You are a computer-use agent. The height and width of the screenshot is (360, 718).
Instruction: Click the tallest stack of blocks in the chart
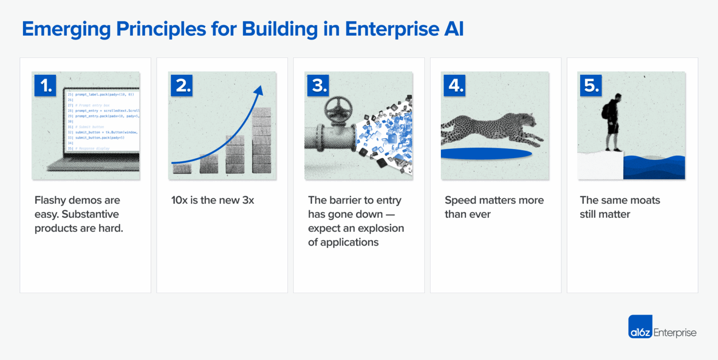(x=261, y=140)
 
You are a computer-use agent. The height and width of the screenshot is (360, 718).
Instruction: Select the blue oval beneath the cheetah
(x=486, y=154)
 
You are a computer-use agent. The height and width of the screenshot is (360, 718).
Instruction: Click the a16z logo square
(x=640, y=326)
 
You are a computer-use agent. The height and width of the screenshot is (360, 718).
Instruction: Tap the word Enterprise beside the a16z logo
(x=675, y=332)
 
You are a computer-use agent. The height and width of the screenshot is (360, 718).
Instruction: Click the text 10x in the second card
(x=179, y=201)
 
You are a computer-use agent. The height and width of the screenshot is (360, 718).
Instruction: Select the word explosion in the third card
(x=380, y=229)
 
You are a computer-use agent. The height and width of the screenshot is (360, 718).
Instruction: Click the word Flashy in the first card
(x=50, y=201)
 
